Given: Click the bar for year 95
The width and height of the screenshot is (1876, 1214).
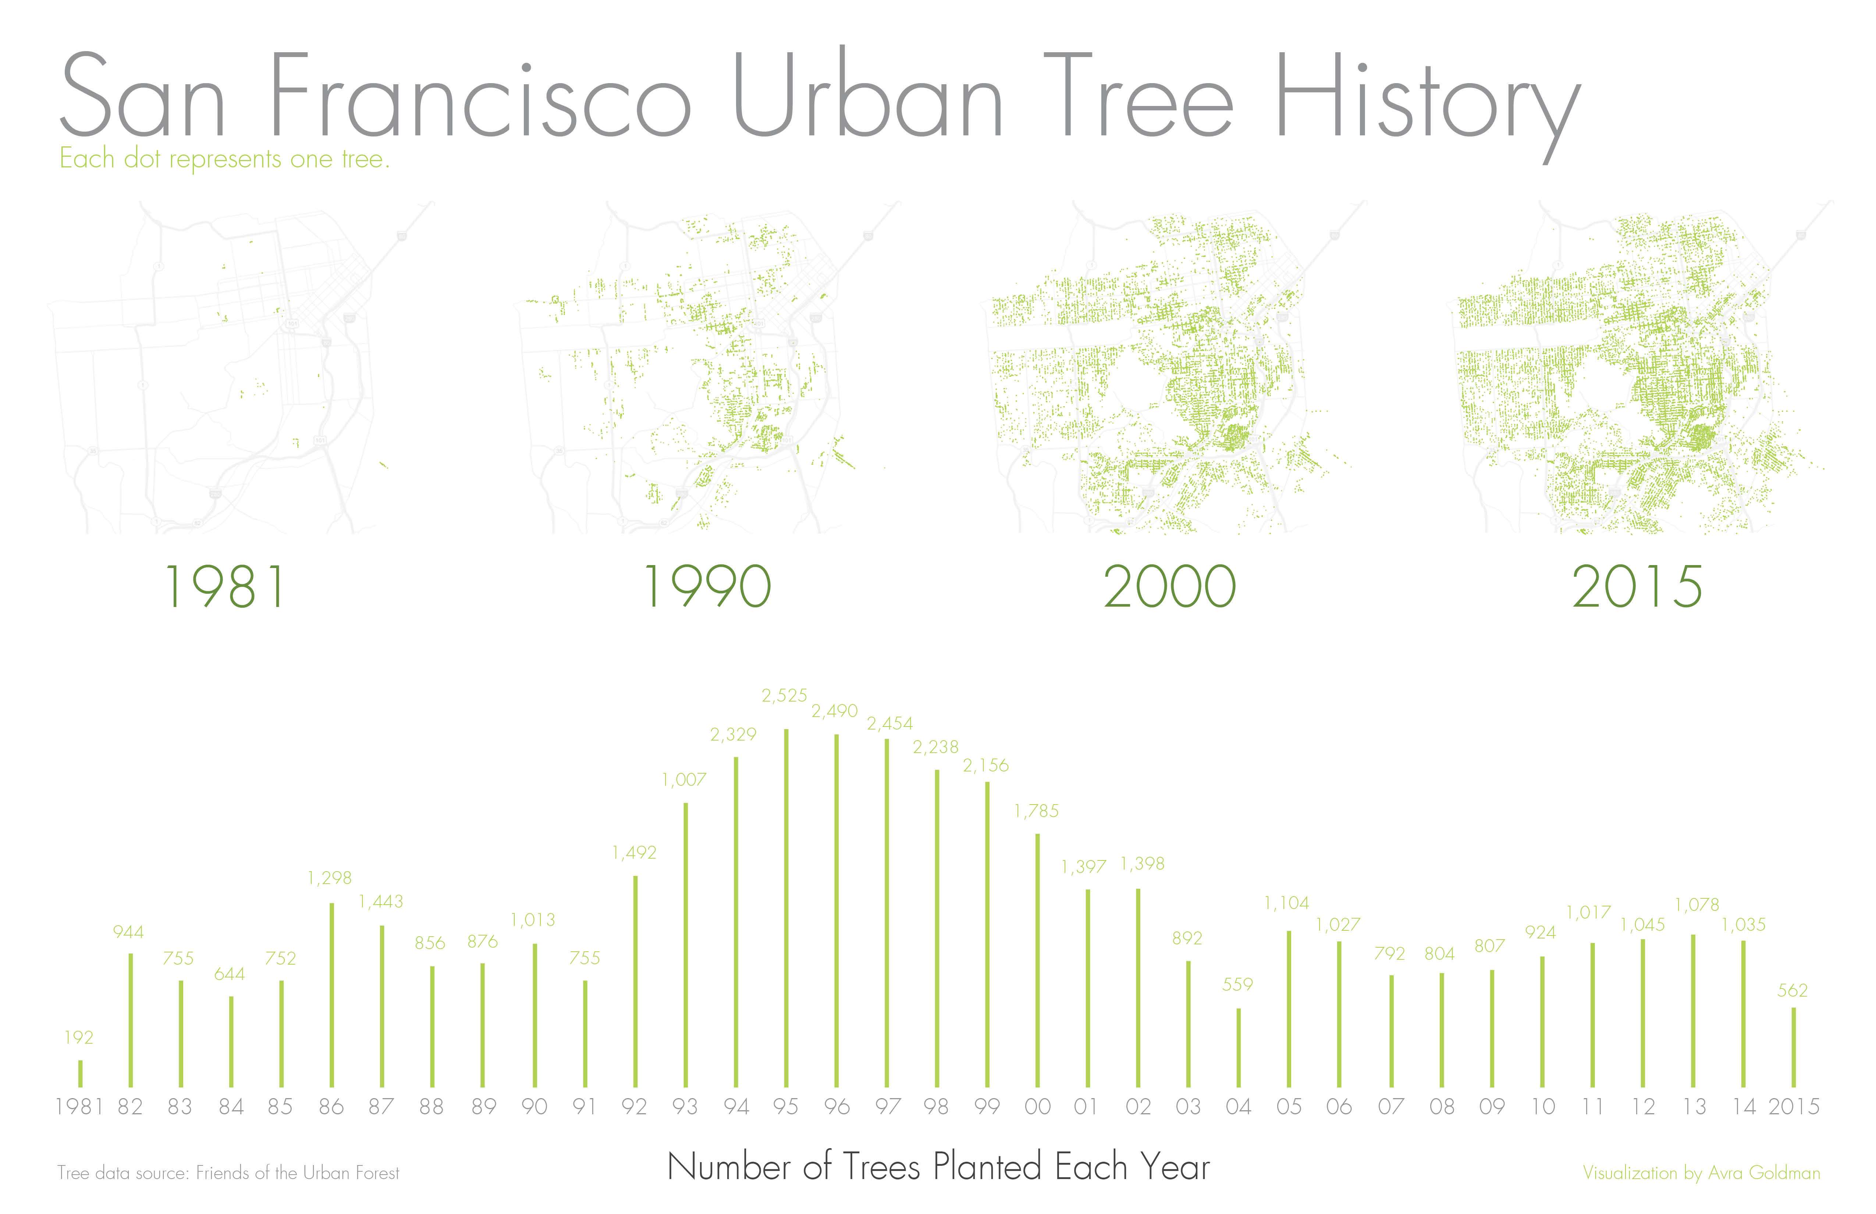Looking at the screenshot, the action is point(786,908).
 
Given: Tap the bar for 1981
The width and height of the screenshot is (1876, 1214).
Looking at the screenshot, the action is point(81,1074).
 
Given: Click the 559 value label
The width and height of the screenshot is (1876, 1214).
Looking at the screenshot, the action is point(1237,984).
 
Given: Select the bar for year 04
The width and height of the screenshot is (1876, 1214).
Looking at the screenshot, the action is point(1238,1048).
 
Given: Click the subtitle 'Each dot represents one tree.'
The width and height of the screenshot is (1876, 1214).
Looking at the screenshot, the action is point(225,159).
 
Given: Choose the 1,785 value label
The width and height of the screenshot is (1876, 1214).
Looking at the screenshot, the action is point(1037,811).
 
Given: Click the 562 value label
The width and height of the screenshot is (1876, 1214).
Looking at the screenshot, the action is point(1792,991).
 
